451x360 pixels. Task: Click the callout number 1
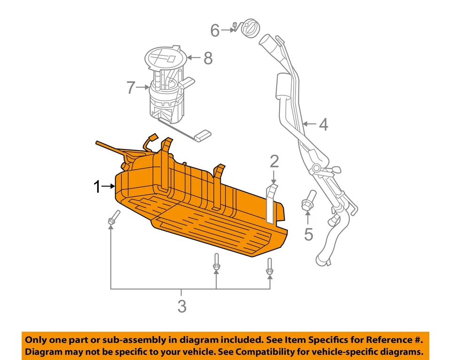coord(97,188)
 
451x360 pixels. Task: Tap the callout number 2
coord(274,162)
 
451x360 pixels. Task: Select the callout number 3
coord(182,307)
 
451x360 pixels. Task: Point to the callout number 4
coord(323,125)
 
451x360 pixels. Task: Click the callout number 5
coord(308,234)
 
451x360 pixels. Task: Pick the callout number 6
coord(215,31)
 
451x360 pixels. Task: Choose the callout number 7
coord(131,87)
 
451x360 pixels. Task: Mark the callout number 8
coord(208,58)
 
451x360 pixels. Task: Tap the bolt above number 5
coord(308,201)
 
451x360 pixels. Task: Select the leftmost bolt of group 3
coord(113,218)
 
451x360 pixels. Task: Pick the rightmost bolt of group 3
coord(269,267)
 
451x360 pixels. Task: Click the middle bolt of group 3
coord(216,263)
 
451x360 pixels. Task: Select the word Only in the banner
coord(37,340)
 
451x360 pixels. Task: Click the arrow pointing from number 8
coord(194,58)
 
